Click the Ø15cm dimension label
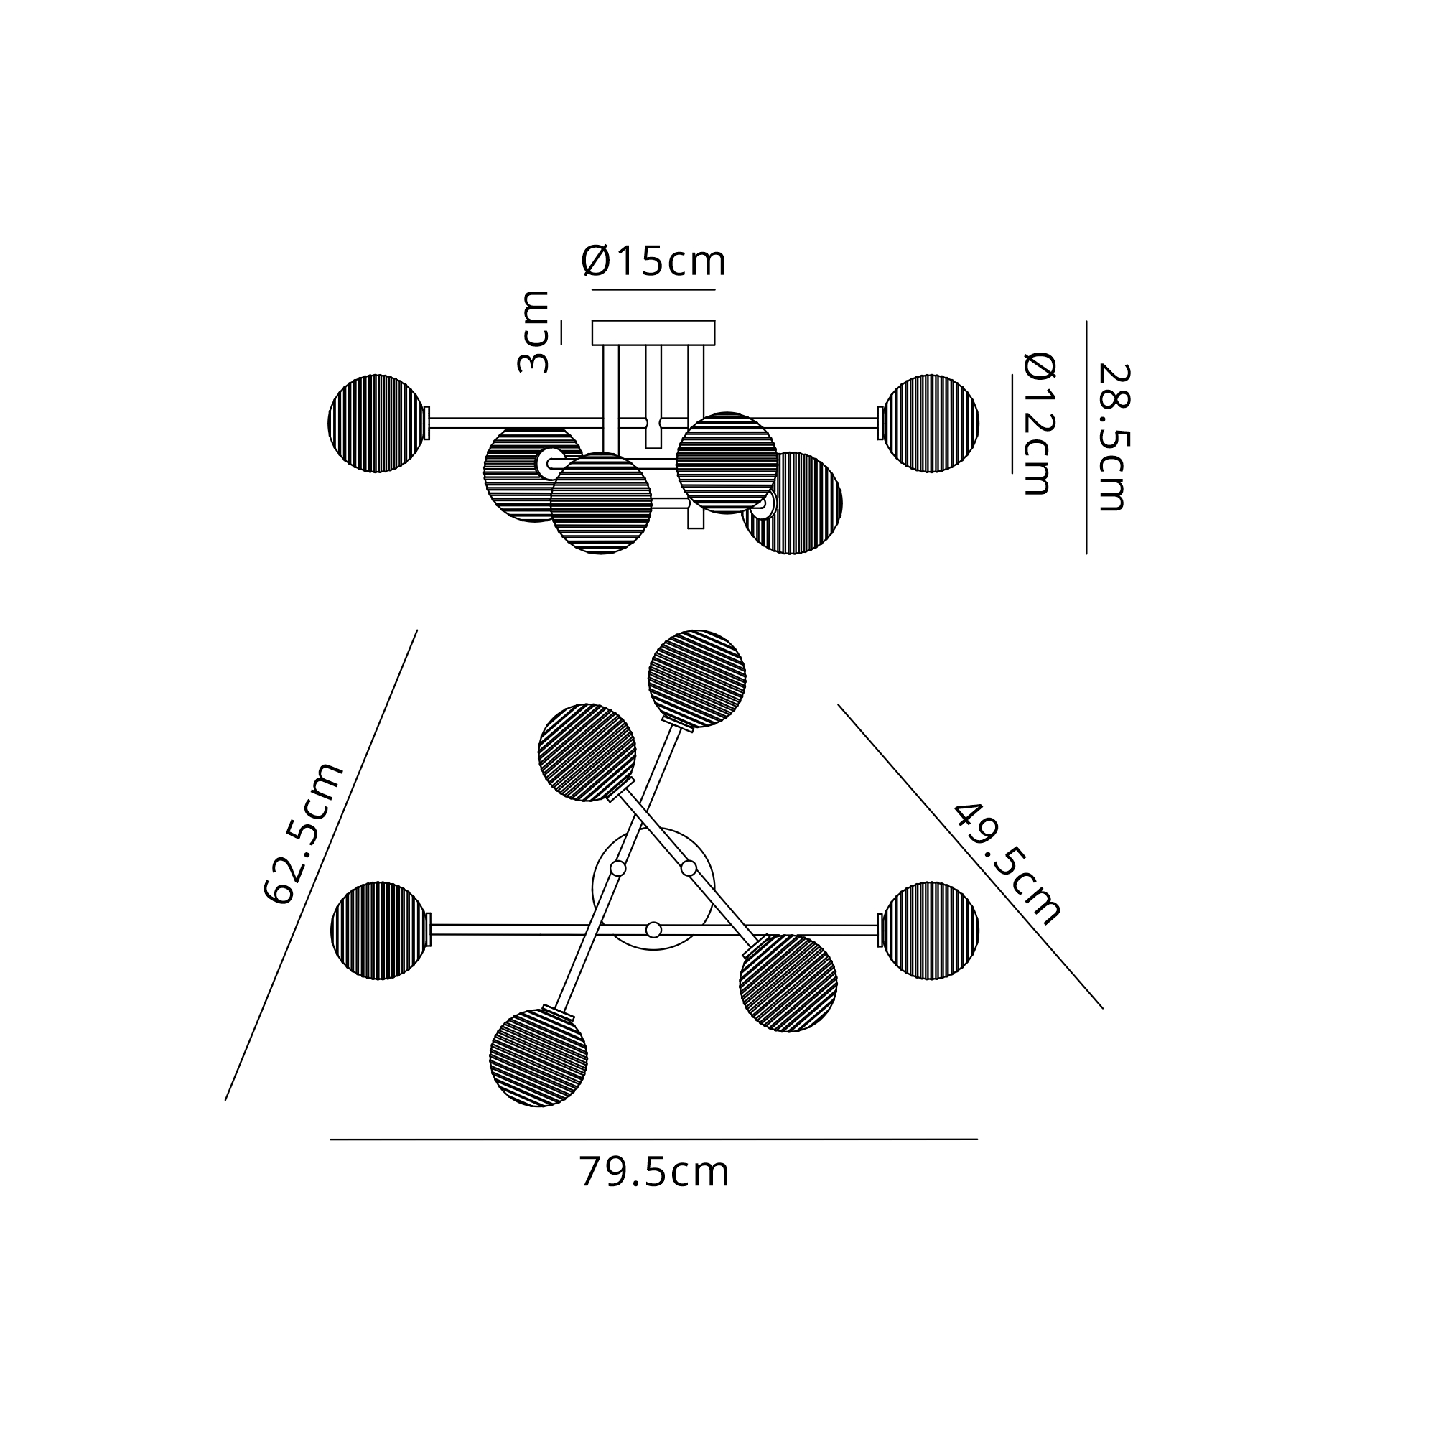tap(653, 261)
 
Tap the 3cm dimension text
tap(533, 332)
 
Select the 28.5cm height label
tap(1114, 437)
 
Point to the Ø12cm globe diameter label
tap(1040, 424)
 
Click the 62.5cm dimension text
tap(304, 833)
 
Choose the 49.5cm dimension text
tap(1007, 864)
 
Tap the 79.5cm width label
tap(654, 1172)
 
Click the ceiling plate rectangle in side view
tap(653, 333)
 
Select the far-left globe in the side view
tap(377, 424)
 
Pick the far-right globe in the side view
tap(930, 424)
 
